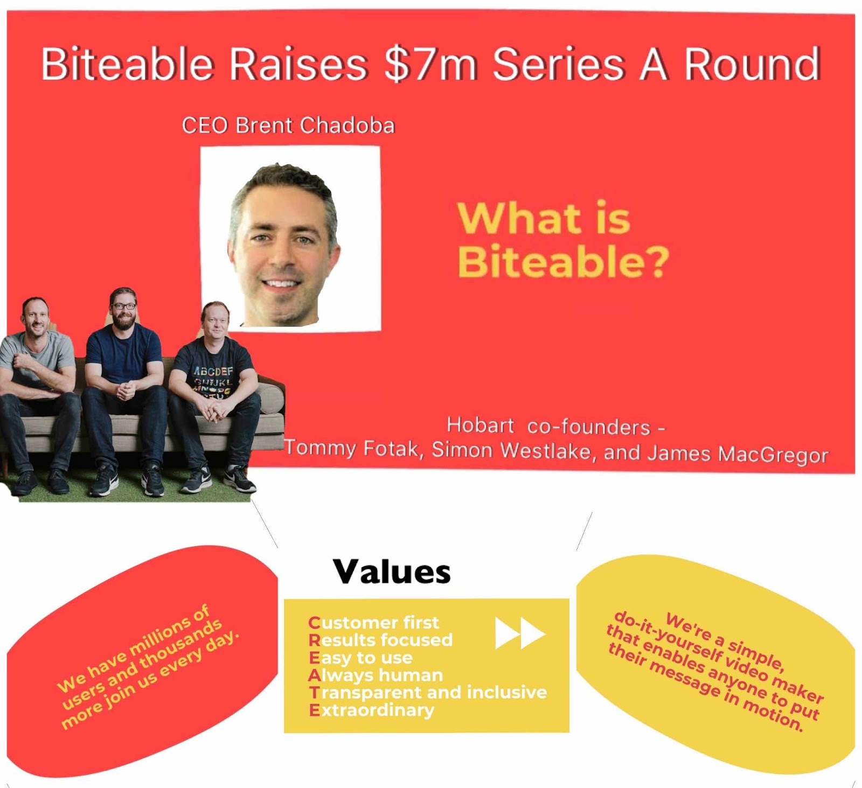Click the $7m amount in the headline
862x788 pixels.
pos(431,65)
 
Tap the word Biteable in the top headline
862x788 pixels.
pos(128,64)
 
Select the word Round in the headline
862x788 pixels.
pos(752,64)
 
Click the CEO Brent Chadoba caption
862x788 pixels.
pos(288,125)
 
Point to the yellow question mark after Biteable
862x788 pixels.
pos(657,261)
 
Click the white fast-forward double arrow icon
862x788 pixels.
pos(520,633)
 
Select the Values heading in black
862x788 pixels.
pos(392,571)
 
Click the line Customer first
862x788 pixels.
pos(373,623)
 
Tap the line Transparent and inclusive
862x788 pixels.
pos(428,692)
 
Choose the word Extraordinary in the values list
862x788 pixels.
pos(371,710)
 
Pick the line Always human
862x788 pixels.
pos(376,675)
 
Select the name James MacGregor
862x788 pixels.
pos(738,454)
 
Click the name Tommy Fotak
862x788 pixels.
pos(353,448)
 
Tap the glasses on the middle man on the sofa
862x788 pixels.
pos(124,306)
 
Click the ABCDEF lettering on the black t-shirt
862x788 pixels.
pos(213,371)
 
